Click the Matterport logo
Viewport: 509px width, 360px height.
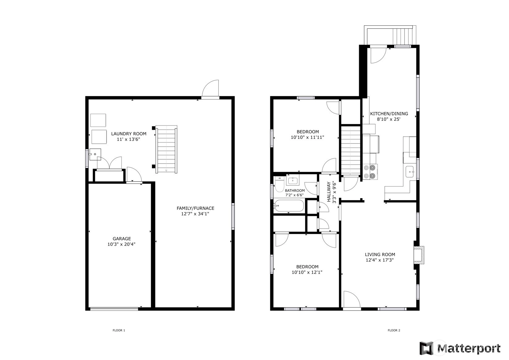(x=460, y=348)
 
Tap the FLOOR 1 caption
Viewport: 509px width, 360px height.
(x=119, y=330)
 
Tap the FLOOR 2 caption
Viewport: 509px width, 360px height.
(x=394, y=330)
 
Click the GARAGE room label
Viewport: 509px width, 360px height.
(x=121, y=238)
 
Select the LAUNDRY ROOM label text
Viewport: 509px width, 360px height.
(x=129, y=134)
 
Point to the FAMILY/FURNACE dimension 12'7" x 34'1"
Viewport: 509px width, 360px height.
(x=195, y=214)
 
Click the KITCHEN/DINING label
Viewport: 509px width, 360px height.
(x=389, y=114)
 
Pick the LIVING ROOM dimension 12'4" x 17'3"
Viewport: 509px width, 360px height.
(x=380, y=260)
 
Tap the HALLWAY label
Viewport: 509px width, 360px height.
(x=329, y=192)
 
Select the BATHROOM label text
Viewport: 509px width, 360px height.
(x=295, y=191)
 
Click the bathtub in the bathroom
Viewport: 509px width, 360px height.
(x=289, y=206)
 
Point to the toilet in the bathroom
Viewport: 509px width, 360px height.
(x=279, y=184)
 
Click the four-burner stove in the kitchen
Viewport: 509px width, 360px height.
(x=370, y=172)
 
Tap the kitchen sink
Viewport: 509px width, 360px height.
(x=409, y=172)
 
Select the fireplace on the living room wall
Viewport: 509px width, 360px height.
(x=419, y=255)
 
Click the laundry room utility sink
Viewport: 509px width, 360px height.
(x=95, y=154)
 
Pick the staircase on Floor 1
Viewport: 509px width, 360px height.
(x=166, y=149)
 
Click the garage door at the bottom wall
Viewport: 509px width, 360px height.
(x=114, y=309)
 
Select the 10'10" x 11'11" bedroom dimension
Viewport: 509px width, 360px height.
(x=307, y=137)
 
